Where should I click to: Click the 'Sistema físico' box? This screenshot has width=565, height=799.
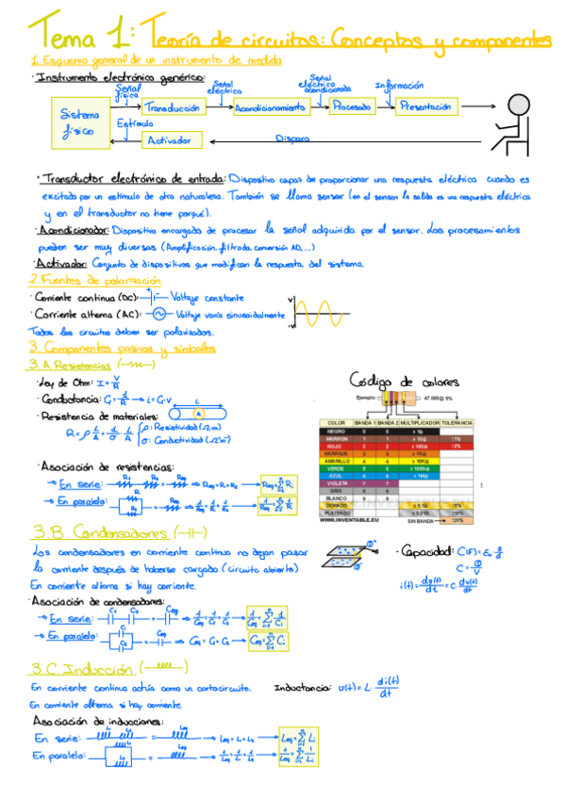pos(79,122)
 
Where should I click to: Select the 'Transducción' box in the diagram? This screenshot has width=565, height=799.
pos(173,107)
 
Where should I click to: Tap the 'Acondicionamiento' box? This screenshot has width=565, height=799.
pos(270,107)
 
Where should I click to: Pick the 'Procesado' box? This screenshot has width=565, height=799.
pos(351,107)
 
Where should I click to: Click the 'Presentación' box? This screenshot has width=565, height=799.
pos(425,106)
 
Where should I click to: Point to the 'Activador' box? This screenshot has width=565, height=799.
pos(172,140)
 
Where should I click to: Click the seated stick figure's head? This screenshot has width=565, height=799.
pos(518,104)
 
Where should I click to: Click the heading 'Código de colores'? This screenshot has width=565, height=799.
pos(404,381)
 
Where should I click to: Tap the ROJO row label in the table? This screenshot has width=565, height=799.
pos(337,447)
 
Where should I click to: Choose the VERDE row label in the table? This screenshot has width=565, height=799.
pos(337,468)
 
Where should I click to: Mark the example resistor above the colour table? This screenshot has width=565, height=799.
pos(396,399)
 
